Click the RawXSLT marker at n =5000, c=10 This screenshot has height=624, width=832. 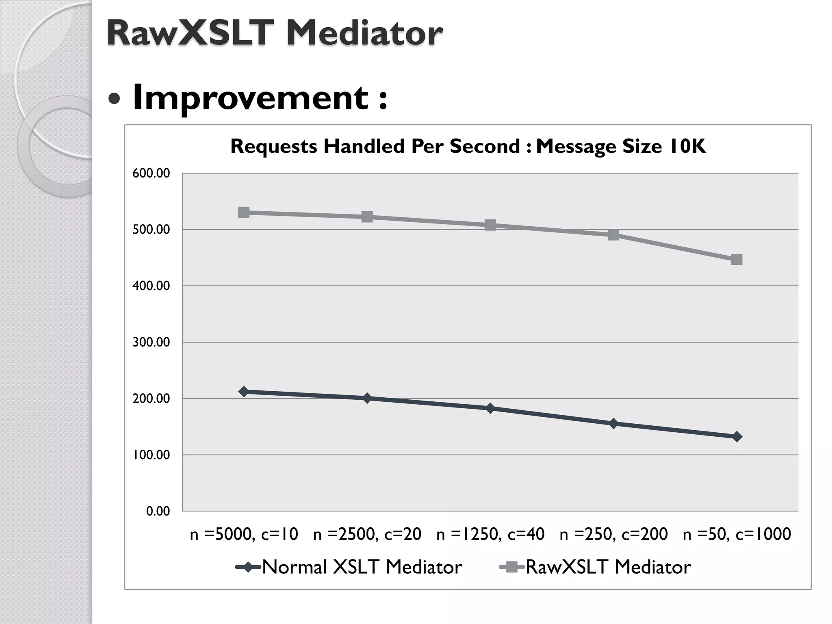point(244,212)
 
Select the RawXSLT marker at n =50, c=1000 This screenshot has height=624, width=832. point(737,260)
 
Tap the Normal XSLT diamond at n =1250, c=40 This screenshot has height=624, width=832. point(490,408)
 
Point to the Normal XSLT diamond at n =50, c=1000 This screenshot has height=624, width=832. point(737,437)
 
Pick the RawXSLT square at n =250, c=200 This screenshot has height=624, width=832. point(613,235)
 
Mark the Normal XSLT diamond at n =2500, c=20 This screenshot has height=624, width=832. point(367,398)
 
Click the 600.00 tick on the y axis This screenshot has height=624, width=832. point(151,173)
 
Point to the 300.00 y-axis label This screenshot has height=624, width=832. point(151,342)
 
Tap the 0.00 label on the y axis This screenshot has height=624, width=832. point(158,511)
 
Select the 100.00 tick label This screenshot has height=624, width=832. point(151,455)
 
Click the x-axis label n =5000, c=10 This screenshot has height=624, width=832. point(244,534)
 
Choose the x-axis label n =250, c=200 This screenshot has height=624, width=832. point(613,534)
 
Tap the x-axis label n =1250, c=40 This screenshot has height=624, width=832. point(490,534)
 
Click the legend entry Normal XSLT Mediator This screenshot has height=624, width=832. point(362,567)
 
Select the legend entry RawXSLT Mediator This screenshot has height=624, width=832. point(608,567)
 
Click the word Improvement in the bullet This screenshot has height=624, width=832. point(250,97)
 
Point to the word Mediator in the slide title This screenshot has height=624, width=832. point(364,33)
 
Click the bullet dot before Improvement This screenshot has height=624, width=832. point(115,99)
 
